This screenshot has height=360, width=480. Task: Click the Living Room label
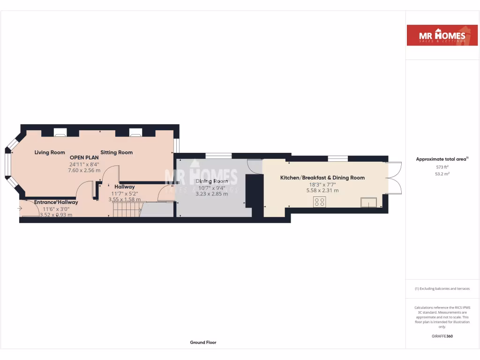coord(50,152)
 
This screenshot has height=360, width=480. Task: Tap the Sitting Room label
coord(116,152)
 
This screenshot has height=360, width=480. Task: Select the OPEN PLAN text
coord(84,157)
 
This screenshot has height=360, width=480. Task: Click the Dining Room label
coord(211,181)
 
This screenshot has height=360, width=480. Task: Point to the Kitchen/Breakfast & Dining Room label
coord(322,178)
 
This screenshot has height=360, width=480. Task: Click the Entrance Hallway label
coord(56,202)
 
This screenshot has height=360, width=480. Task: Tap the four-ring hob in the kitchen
coord(320,202)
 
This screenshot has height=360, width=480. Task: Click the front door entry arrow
coord(19,208)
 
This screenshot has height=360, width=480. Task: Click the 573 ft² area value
coord(442,167)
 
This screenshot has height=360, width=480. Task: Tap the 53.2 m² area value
coord(442,173)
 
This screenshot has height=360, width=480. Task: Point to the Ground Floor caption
coord(203,343)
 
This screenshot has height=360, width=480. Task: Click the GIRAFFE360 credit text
coord(442,336)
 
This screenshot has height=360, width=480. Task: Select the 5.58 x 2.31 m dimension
coord(322,190)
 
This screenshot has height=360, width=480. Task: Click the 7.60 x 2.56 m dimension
coord(84,170)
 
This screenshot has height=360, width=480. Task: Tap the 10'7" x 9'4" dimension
coord(211,187)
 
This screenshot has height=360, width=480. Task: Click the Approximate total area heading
coord(442,159)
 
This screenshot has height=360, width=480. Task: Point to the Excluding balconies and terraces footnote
coord(442,289)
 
